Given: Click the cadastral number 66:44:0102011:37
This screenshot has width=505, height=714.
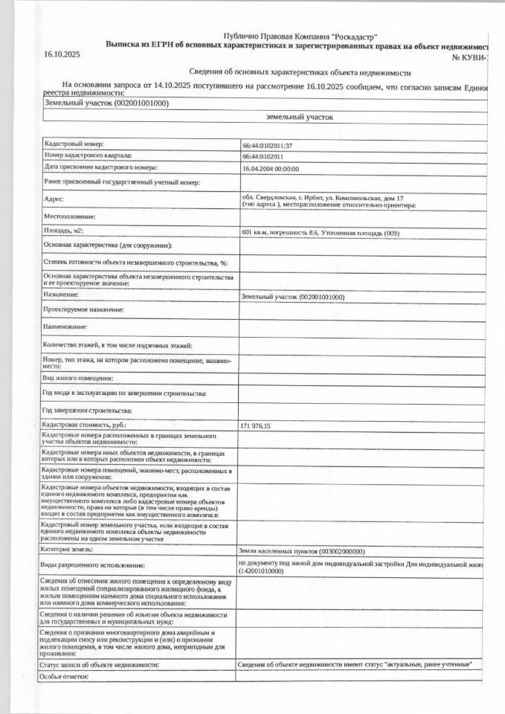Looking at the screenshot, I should [x=267, y=146].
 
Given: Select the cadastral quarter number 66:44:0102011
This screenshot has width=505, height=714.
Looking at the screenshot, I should [x=263, y=157].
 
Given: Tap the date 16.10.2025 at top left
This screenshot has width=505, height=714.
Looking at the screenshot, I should [x=62, y=55].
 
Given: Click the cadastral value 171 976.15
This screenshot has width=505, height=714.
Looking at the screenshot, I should [x=256, y=426].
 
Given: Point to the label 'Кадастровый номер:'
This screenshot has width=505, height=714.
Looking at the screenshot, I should [x=74, y=144].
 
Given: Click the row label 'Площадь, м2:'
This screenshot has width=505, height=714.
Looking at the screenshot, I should [x=63, y=231].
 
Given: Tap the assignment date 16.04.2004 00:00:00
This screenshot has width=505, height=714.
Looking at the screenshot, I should [x=270, y=169].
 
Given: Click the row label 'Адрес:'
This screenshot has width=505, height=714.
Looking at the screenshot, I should [x=54, y=199].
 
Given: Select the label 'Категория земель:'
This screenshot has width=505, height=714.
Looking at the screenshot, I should [x=68, y=549].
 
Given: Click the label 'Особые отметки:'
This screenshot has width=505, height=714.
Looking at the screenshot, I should [x=65, y=676].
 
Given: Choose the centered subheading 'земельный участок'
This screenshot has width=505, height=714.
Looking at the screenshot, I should [x=300, y=118].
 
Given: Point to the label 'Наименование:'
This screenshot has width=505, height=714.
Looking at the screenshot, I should [x=65, y=327].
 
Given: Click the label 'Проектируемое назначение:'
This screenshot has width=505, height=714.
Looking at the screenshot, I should [x=83, y=309].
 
